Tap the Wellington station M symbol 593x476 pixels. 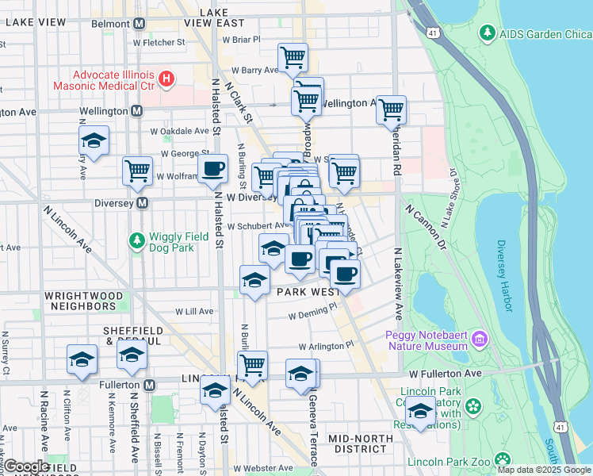click(137, 111)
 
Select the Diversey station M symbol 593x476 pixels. click(143, 203)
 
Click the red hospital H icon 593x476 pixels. click(166, 78)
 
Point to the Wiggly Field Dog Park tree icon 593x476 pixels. click(137, 239)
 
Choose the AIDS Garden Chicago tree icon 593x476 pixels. click(487, 33)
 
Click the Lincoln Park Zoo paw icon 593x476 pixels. click(502, 460)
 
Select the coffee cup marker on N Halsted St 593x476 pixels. click(214, 168)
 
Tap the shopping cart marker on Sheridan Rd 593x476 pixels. click(392, 109)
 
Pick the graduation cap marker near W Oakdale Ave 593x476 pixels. click(94, 141)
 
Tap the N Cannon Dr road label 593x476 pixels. click(428, 225)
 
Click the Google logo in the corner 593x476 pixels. click(26, 466)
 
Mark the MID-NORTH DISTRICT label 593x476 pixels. click(360, 444)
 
